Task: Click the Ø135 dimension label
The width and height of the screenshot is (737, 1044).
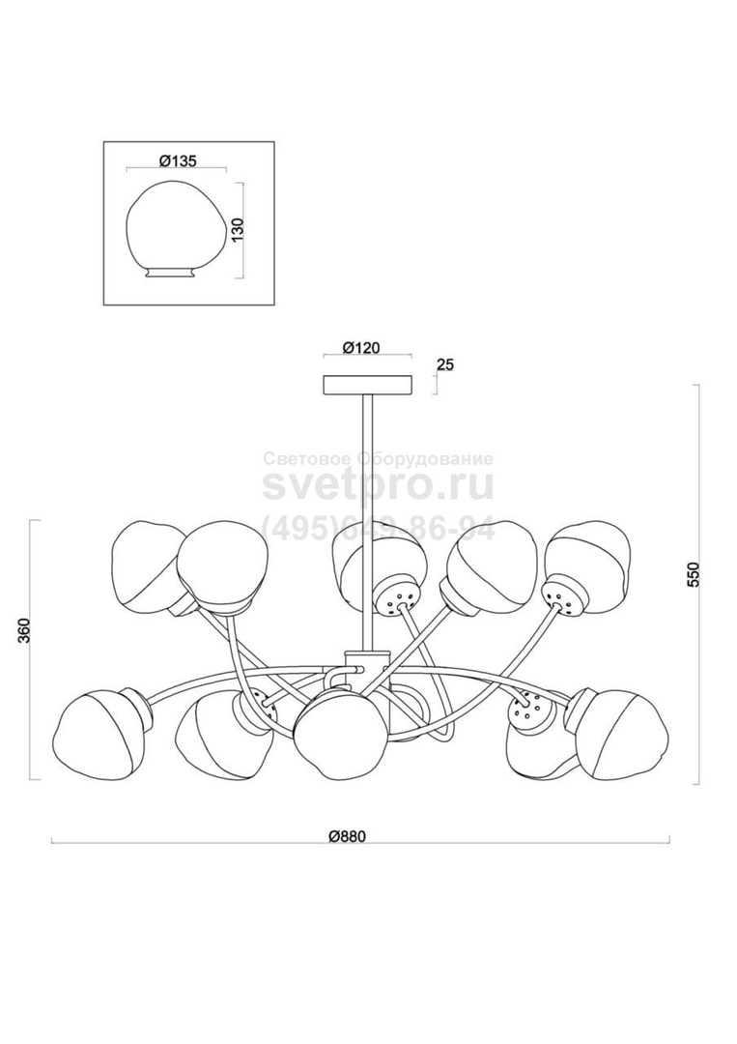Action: coord(178,161)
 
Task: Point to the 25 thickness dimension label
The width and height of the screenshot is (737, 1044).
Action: coord(445,364)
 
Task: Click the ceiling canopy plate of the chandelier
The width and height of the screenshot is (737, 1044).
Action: coord(368,386)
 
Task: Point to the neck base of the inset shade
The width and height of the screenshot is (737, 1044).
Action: coord(171,274)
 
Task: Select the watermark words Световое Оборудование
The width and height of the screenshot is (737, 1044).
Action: coord(379,459)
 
